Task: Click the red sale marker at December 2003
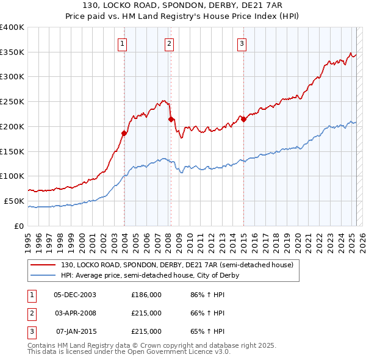[124, 132]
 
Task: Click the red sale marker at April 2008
[171, 119]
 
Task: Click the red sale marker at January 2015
[243, 119]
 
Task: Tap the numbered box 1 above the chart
[123, 43]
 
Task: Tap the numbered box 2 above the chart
[168, 43]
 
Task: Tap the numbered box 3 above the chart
[242, 43]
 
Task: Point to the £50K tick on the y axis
[15, 201]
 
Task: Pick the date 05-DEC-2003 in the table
[75, 295]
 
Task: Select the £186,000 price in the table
[146, 295]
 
